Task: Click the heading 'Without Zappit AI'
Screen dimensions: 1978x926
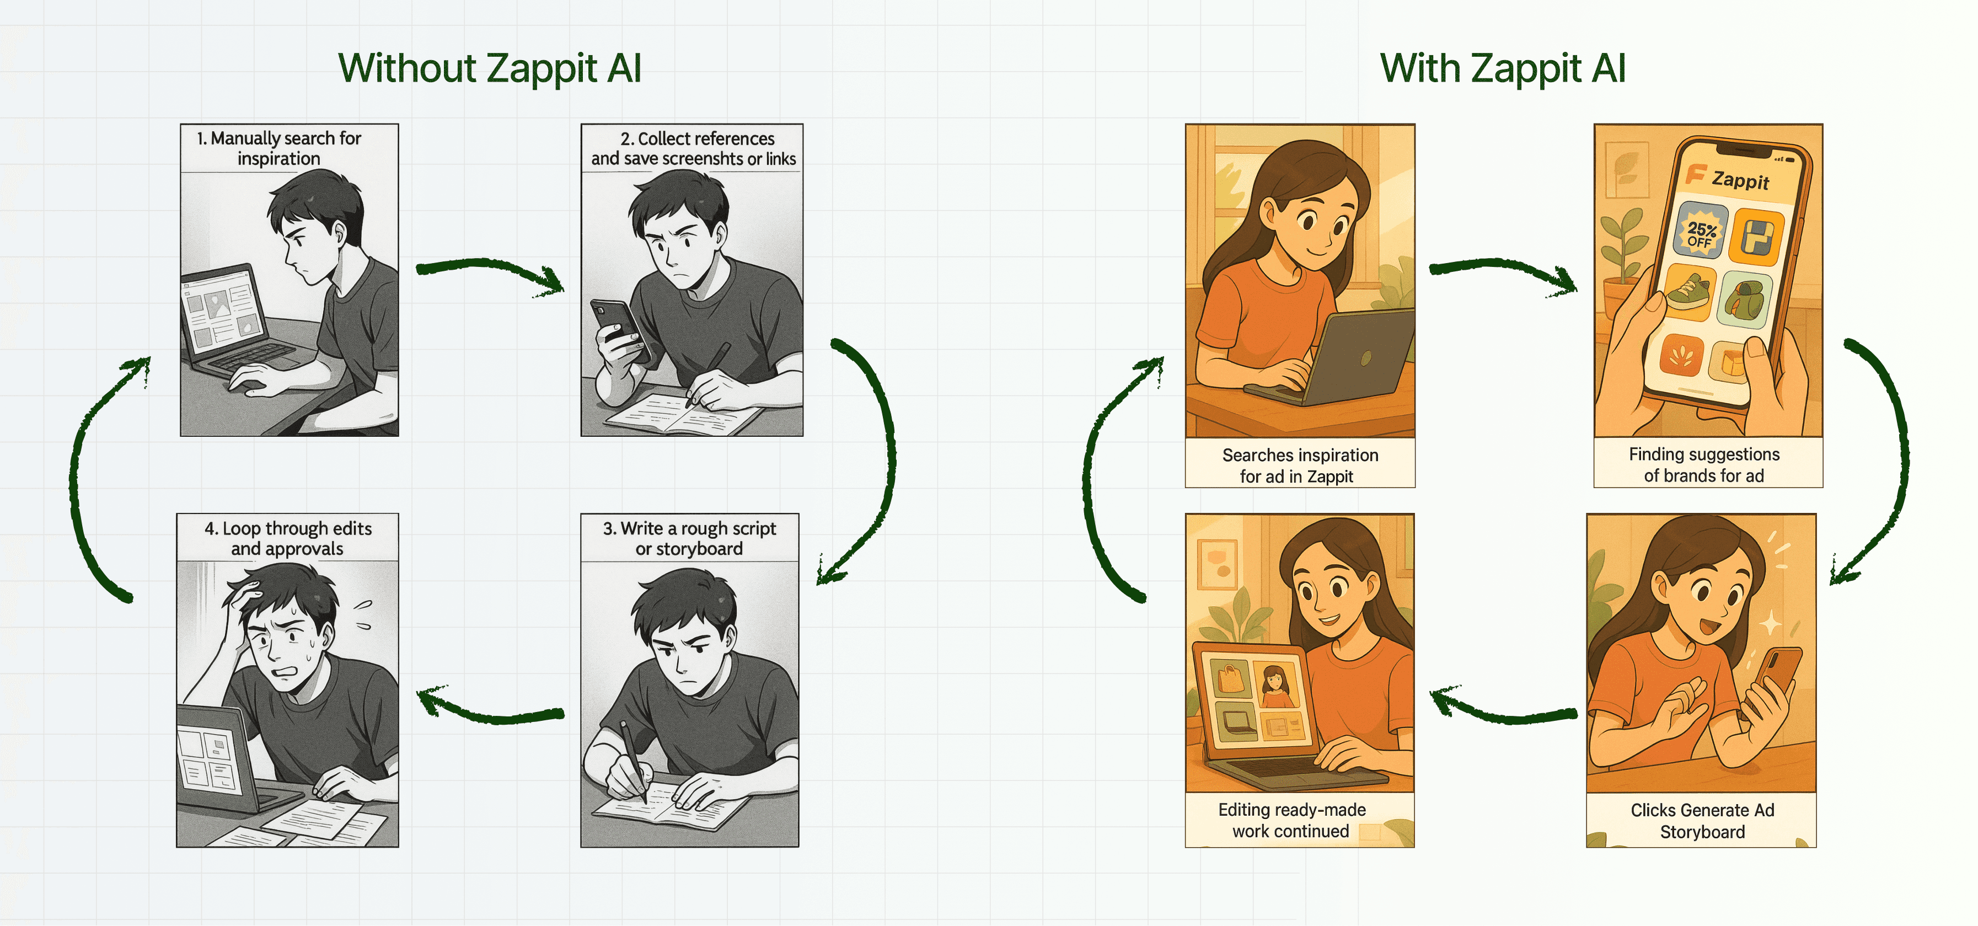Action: (490, 68)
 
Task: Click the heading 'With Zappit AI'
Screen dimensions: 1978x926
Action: (1503, 68)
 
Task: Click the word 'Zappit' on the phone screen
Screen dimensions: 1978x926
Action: (1740, 180)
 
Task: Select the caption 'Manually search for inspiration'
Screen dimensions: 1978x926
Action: (278, 148)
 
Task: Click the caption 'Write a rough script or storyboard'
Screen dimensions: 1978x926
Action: (689, 538)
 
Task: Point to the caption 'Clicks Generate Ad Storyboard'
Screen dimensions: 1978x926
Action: (1702, 821)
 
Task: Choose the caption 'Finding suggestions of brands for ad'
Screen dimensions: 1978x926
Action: (1704, 464)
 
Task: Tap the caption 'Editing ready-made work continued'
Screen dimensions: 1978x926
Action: (1291, 820)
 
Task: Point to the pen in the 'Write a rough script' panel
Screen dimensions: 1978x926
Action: (634, 758)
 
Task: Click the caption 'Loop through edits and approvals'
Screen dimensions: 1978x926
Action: (288, 538)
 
